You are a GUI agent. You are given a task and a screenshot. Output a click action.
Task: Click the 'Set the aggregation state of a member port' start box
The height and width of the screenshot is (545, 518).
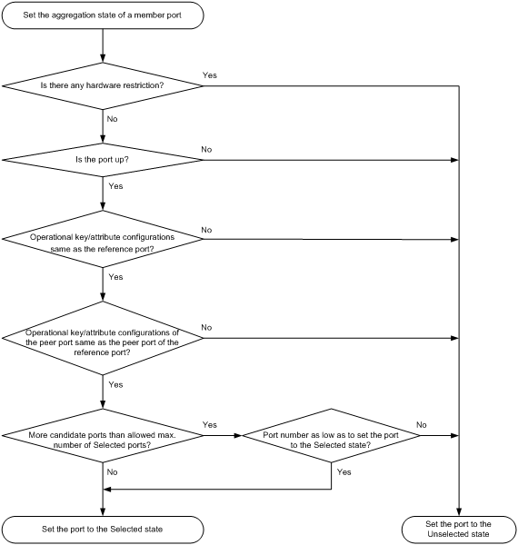click(x=103, y=15)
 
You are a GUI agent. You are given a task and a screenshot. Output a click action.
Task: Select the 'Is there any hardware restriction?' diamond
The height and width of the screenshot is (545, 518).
click(x=103, y=86)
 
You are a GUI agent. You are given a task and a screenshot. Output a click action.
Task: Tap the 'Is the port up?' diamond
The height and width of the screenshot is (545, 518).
click(x=103, y=160)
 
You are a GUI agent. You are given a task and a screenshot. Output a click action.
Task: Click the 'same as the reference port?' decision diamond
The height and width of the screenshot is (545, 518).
click(x=103, y=239)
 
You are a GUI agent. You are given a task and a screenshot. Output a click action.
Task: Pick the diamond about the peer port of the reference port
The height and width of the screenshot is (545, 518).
click(x=103, y=338)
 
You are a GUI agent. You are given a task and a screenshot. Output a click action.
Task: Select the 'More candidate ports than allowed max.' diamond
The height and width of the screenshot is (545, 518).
click(x=103, y=435)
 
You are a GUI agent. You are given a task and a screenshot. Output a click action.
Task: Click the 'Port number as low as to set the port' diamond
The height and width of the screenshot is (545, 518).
click(x=331, y=435)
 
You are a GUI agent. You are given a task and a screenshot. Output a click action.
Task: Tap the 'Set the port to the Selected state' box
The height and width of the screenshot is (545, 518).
click(x=103, y=530)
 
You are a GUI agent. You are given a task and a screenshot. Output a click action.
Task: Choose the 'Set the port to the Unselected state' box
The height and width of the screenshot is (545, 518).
click(x=459, y=530)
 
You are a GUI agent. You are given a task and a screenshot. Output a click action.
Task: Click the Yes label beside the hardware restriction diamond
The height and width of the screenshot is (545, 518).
click(x=210, y=75)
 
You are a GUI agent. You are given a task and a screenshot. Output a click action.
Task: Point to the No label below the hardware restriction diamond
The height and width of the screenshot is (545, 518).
click(x=113, y=119)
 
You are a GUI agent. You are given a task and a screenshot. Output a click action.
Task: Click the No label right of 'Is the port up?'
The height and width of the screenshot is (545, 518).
click(x=206, y=150)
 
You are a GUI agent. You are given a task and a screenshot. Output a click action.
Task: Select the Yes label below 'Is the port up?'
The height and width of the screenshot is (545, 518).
click(x=115, y=186)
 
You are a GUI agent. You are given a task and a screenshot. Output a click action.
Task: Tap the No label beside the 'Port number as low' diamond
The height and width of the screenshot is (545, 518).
click(x=422, y=425)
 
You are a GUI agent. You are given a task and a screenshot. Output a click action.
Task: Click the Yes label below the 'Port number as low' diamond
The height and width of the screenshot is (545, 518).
click(x=344, y=472)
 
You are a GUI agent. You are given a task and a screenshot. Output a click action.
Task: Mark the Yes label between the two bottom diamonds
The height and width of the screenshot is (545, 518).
click(x=210, y=425)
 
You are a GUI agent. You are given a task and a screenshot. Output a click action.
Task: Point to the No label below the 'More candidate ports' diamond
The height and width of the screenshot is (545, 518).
click(x=113, y=472)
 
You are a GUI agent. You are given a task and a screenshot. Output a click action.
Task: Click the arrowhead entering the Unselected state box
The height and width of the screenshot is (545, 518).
click(x=459, y=512)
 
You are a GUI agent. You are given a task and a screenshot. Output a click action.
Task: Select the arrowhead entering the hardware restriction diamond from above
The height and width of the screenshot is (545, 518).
click(x=103, y=59)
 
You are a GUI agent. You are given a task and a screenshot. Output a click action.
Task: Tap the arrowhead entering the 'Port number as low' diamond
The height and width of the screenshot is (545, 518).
click(x=238, y=435)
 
